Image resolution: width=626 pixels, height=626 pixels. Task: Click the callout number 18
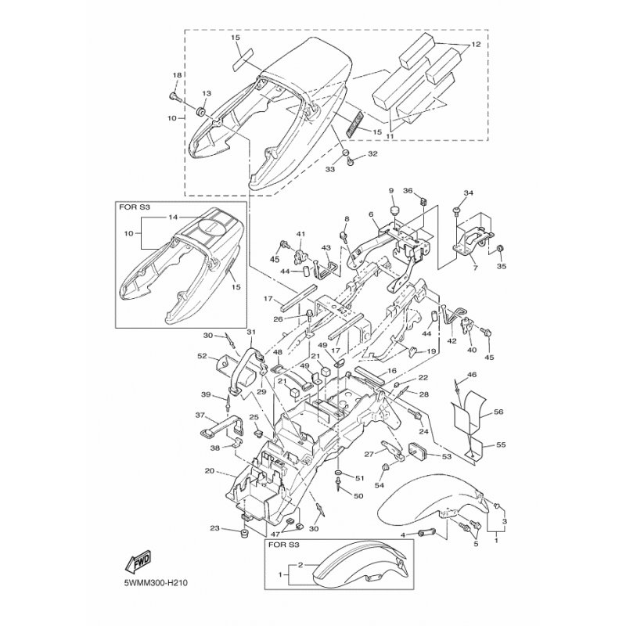tap(176, 75)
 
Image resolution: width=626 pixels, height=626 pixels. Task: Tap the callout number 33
tap(329, 168)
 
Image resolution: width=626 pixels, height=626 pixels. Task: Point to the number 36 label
tap(408, 190)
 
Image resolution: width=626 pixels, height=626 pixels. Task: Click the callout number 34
tap(469, 192)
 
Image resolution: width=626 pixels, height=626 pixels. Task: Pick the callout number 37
tap(200, 415)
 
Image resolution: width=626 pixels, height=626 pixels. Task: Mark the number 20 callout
tap(209, 471)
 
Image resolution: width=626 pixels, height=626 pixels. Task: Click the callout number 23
tap(214, 530)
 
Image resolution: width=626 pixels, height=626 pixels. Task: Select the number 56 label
tap(498, 412)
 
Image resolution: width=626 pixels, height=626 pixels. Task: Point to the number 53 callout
tap(447, 455)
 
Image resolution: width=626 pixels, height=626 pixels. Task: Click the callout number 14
tap(173, 217)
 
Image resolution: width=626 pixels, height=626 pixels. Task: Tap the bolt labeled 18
tap(174, 98)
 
